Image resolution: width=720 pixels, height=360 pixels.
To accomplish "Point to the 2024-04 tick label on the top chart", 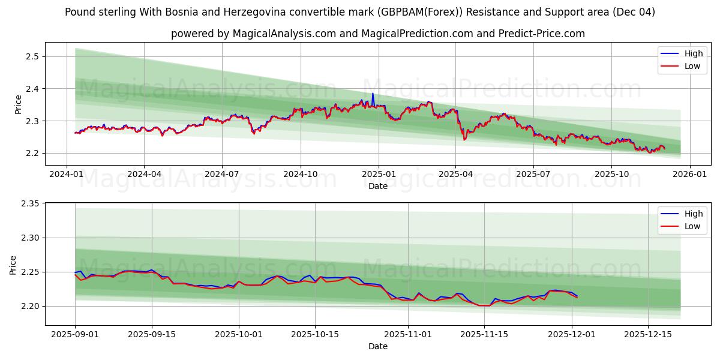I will click(x=144, y=175).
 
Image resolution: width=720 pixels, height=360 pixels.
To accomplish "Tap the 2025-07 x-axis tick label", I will click(x=533, y=175).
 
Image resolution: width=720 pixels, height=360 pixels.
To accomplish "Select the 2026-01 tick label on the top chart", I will click(x=689, y=175).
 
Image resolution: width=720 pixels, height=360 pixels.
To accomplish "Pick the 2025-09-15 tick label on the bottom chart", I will click(x=152, y=335).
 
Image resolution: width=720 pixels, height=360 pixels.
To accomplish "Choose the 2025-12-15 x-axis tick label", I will click(x=648, y=335).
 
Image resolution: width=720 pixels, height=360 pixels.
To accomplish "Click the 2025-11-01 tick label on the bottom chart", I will click(x=408, y=335).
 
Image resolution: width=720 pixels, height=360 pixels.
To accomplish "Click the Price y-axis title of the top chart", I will click(x=18, y=104).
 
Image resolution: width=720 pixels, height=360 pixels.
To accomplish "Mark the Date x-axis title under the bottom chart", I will click(x=378, y=346).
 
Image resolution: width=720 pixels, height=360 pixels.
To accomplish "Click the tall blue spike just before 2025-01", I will click(x=373, y=94).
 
